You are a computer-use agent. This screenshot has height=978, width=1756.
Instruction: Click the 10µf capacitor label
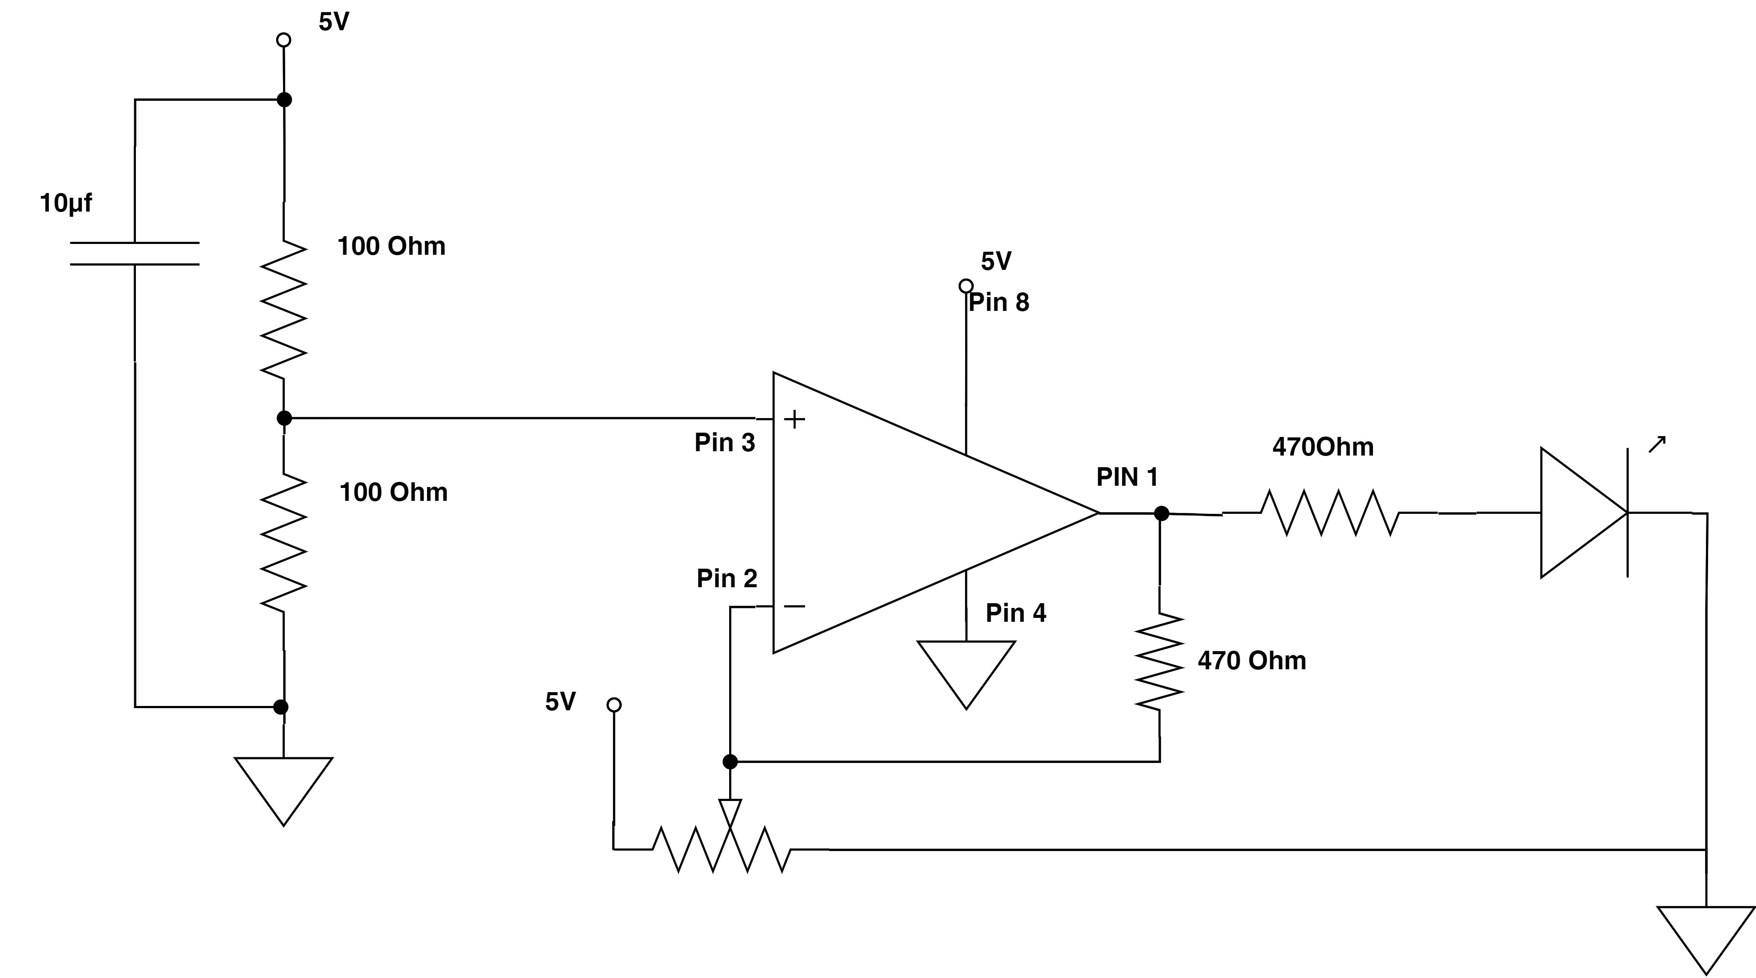[66, 203]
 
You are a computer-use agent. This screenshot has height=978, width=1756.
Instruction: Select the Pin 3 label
[725, 443]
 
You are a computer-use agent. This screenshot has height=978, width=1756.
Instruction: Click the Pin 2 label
[727, 578]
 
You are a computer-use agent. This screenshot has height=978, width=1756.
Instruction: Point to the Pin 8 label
[999, 302]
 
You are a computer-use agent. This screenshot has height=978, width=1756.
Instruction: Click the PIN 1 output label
[1127, 477]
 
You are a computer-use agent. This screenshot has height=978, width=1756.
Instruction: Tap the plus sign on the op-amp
[794, 419]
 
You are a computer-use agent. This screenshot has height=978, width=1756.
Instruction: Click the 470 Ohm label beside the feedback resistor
[1252, 660]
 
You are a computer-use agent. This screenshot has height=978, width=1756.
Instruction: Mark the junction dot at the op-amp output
[1161, 513]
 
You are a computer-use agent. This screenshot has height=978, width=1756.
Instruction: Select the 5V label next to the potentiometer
[560, 701]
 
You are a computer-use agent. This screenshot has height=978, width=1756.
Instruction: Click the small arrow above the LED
[1657, 444]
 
